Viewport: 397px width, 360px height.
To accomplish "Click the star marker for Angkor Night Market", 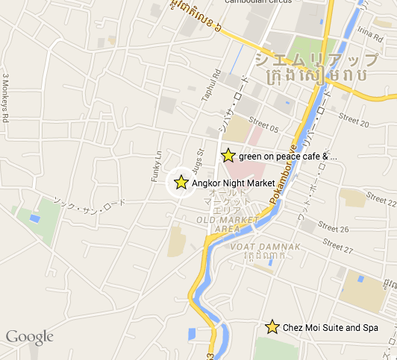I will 181,182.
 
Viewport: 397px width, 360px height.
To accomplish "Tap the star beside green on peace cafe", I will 228,156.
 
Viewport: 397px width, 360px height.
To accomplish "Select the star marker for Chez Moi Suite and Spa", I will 272,327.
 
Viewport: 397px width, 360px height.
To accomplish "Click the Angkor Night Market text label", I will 234,183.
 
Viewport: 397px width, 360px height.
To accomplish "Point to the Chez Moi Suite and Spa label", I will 330,328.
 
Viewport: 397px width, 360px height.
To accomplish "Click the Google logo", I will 30,338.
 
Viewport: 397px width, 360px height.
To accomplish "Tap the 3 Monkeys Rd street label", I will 6,98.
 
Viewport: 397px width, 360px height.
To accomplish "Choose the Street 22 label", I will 380,199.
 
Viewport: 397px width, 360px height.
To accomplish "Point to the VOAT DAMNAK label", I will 254,247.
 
